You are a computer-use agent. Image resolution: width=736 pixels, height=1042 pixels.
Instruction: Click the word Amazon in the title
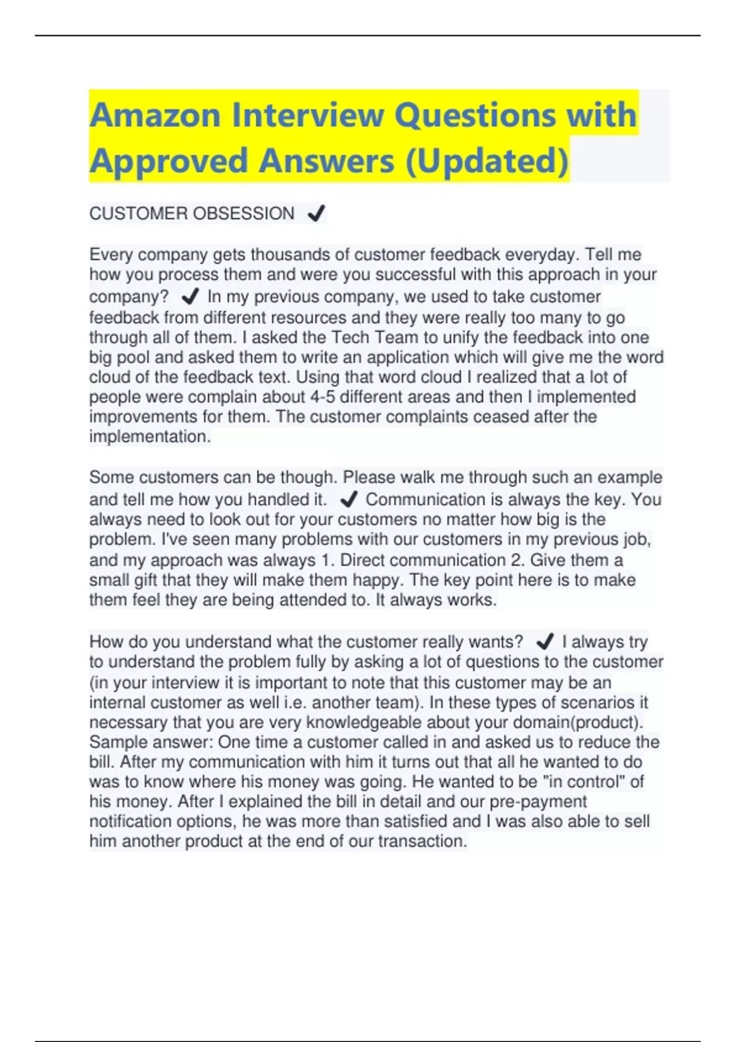(155, 115)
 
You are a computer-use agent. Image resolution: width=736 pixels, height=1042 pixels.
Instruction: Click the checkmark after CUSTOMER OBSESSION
(316, 213)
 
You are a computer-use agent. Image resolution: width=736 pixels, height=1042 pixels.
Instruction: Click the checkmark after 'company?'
(190, 297)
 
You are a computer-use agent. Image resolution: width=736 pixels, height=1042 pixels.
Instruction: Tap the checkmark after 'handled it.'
(348, 500)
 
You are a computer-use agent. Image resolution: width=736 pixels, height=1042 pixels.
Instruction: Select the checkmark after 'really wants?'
(545, 642)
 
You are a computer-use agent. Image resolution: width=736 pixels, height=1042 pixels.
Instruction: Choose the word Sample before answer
(118, 742)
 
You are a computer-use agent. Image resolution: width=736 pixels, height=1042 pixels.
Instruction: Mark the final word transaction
(423, 841)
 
